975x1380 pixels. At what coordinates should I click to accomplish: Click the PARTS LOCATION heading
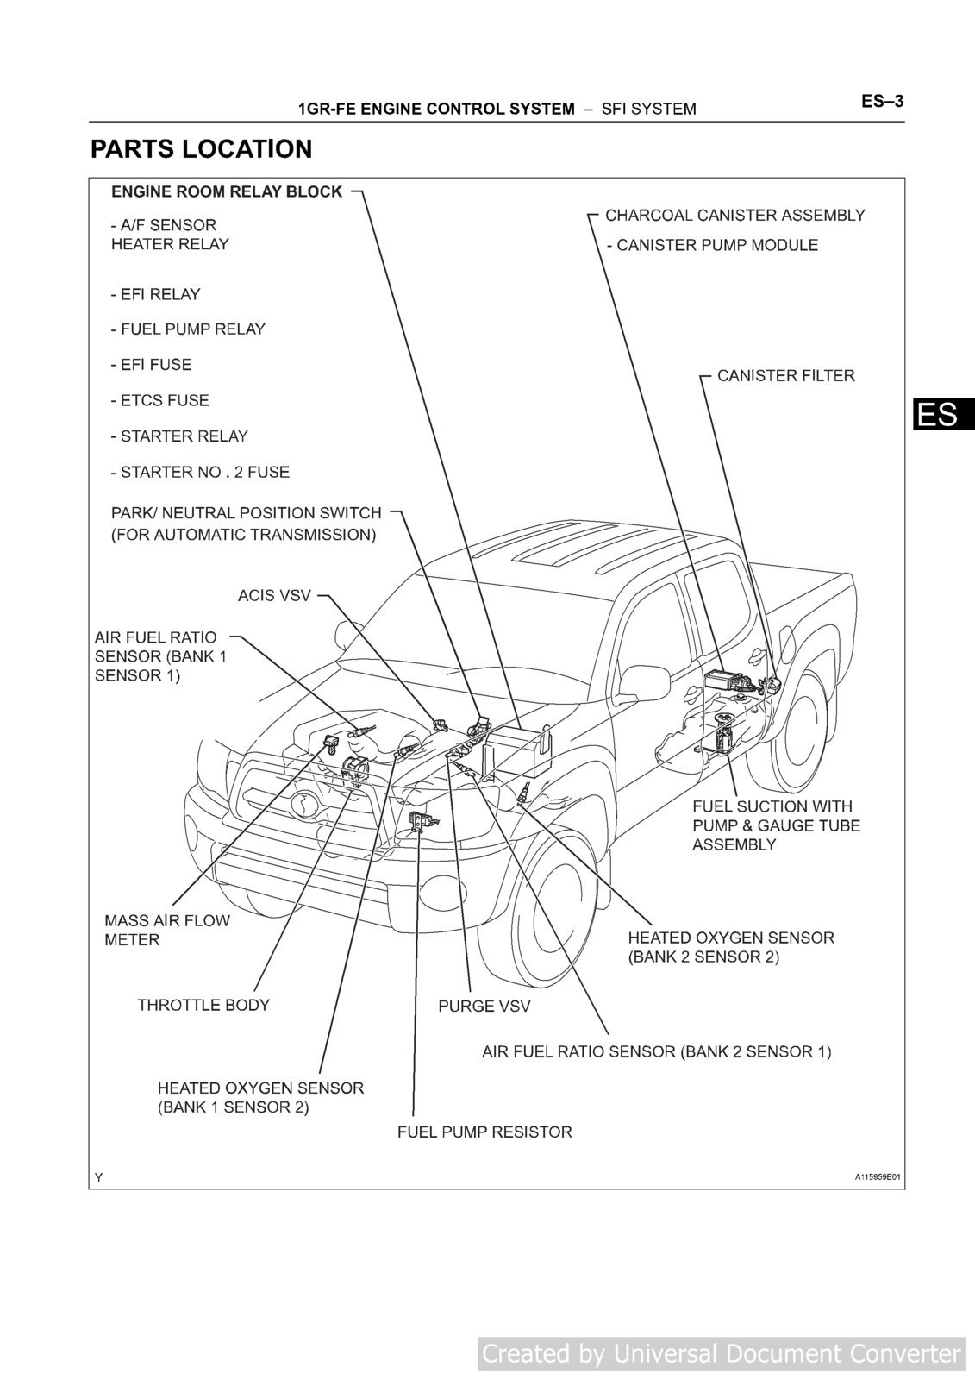201,149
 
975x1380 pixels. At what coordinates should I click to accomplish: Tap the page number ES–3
881,102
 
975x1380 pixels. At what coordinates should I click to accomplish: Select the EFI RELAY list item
155,294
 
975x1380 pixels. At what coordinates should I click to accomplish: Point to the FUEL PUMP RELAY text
188,329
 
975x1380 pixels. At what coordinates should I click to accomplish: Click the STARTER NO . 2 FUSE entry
200,472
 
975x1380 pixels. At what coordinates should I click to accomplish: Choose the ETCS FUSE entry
159,400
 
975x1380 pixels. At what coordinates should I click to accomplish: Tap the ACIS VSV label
274,595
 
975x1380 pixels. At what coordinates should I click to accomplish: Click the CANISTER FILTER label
785,375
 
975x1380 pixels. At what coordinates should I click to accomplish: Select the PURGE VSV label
484,1006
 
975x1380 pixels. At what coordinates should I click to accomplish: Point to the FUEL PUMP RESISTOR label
484,1132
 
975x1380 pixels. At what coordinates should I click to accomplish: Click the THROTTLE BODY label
203,1005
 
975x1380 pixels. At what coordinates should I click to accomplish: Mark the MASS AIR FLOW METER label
167,930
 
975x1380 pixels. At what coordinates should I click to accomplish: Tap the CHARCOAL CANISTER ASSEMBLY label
734,215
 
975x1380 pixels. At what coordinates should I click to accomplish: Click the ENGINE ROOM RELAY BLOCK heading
227,191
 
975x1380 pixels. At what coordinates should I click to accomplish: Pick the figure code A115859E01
878,1177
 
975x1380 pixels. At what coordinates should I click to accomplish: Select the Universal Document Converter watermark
721,1353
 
